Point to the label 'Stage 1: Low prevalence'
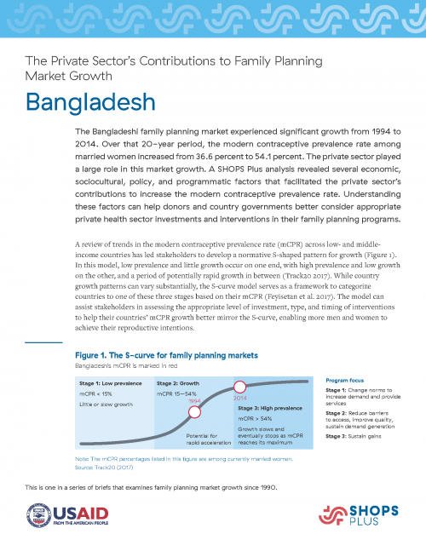(106, 384)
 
